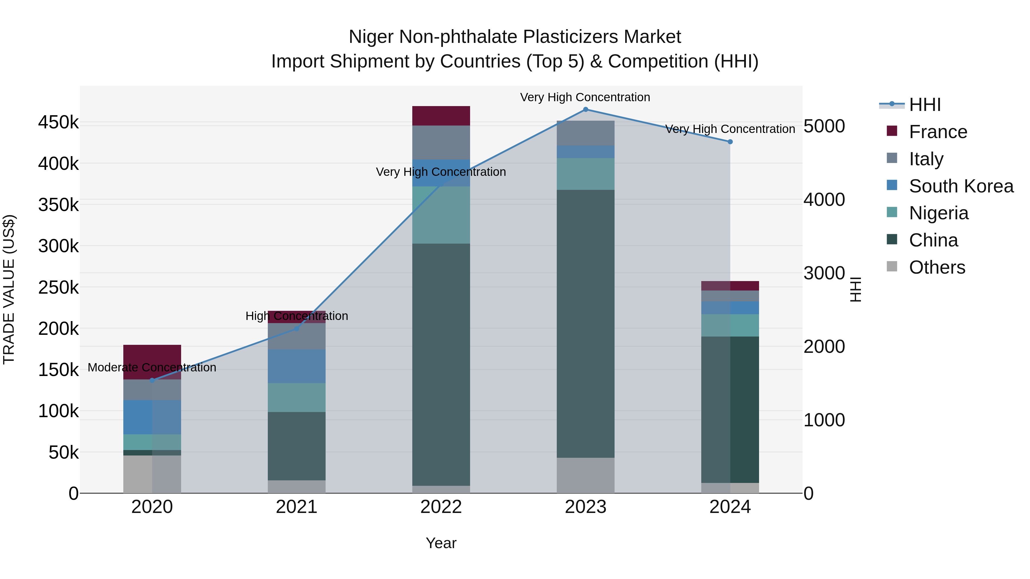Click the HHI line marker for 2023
pyautogui.click(x=585, y=110)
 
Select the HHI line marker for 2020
pyautogui.click(x=152, y=380)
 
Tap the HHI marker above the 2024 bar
pyautogui.click(x=730, y=142)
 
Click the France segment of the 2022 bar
pyautogui.click(x=441, y=116)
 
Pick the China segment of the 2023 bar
pyautogui.click(x=585, y=324)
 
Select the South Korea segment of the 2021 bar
pyautogui.click(x=297, y=367)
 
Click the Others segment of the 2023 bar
pyautogui.click(x=585, y=475)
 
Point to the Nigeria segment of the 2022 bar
pyautogui.click(x=441, y=215)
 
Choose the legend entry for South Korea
pyautogui.click(x=961, y=186)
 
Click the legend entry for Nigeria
pyautogui.click(x=938, y=213)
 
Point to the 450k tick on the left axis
pyautogui.click(x=58, y=123)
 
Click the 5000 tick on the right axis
pyautogui.click(x=824, y=126)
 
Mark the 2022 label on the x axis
pyautogui.click(x=441, y=507)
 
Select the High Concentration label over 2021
pyautogui.click(x=297, y=316)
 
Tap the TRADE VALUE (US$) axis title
pyautogui.click(x=9, y=289)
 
